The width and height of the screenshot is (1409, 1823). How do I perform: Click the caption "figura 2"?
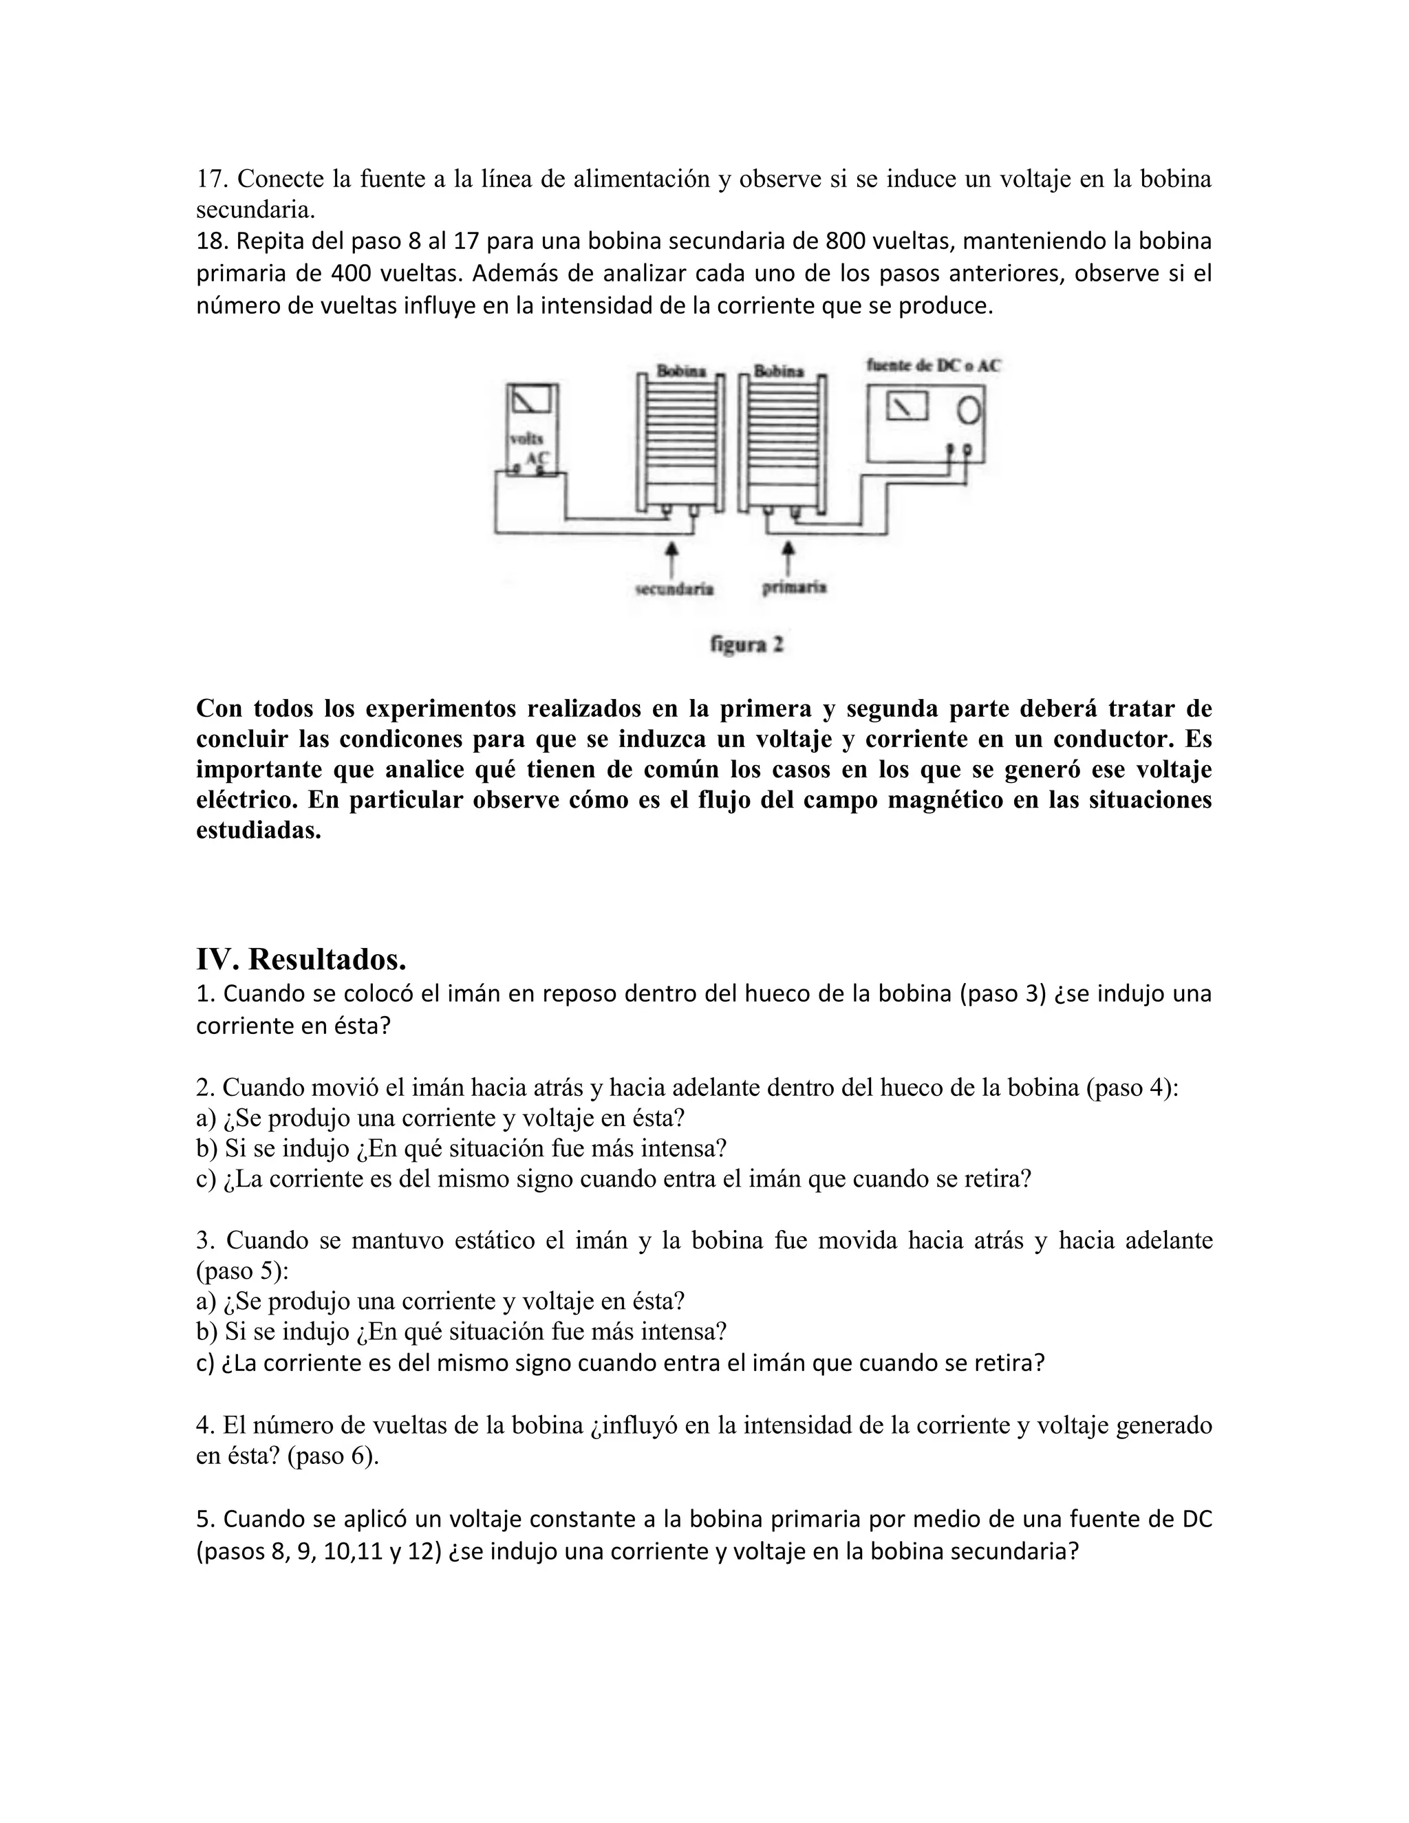coord(747,645)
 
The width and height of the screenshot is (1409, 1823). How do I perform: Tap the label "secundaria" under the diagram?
coord(674,590)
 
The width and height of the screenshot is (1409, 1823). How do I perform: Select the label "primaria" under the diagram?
coord(794,587)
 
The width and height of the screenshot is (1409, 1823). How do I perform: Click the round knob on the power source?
coord(968,409)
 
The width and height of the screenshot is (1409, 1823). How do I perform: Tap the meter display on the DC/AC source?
coord(907,407)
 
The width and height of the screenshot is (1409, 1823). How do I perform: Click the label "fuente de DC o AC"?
coord(933,365)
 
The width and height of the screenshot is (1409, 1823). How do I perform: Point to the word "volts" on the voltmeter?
coord(527,439)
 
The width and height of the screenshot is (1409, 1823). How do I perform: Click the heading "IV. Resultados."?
coord(301,959)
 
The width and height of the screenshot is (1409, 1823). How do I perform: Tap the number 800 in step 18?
coord(846,241)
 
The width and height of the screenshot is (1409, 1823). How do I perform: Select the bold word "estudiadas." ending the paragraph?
coord(258,830)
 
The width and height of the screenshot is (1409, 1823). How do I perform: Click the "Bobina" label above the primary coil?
coord(778,371)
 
